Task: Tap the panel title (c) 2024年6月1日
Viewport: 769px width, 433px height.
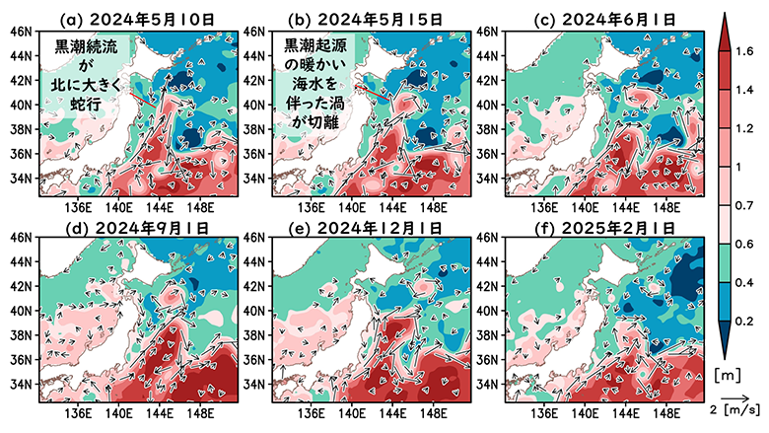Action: click(x=598, y=19)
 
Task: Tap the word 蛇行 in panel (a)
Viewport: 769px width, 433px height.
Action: click(x=83, y=105)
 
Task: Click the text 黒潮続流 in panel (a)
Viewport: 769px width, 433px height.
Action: click(x=83, y=46)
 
